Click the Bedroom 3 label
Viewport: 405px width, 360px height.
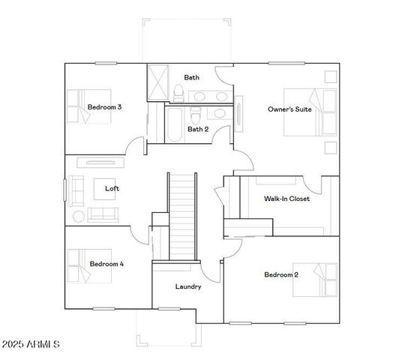(104, 107)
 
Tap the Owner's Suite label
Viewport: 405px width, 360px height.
(289, 109)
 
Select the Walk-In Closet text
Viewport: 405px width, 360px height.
(286, 199)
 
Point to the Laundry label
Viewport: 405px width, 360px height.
(187, 286)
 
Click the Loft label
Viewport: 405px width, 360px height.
(112, 188)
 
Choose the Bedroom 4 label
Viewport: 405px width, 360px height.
(106, 264)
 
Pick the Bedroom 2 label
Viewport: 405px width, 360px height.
(281, 274)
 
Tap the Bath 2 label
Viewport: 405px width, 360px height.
(198, 129)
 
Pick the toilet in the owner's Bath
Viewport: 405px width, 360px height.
(178, 93)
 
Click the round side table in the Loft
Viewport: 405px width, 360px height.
(79, 216)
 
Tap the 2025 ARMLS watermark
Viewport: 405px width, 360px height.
(31, 344)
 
